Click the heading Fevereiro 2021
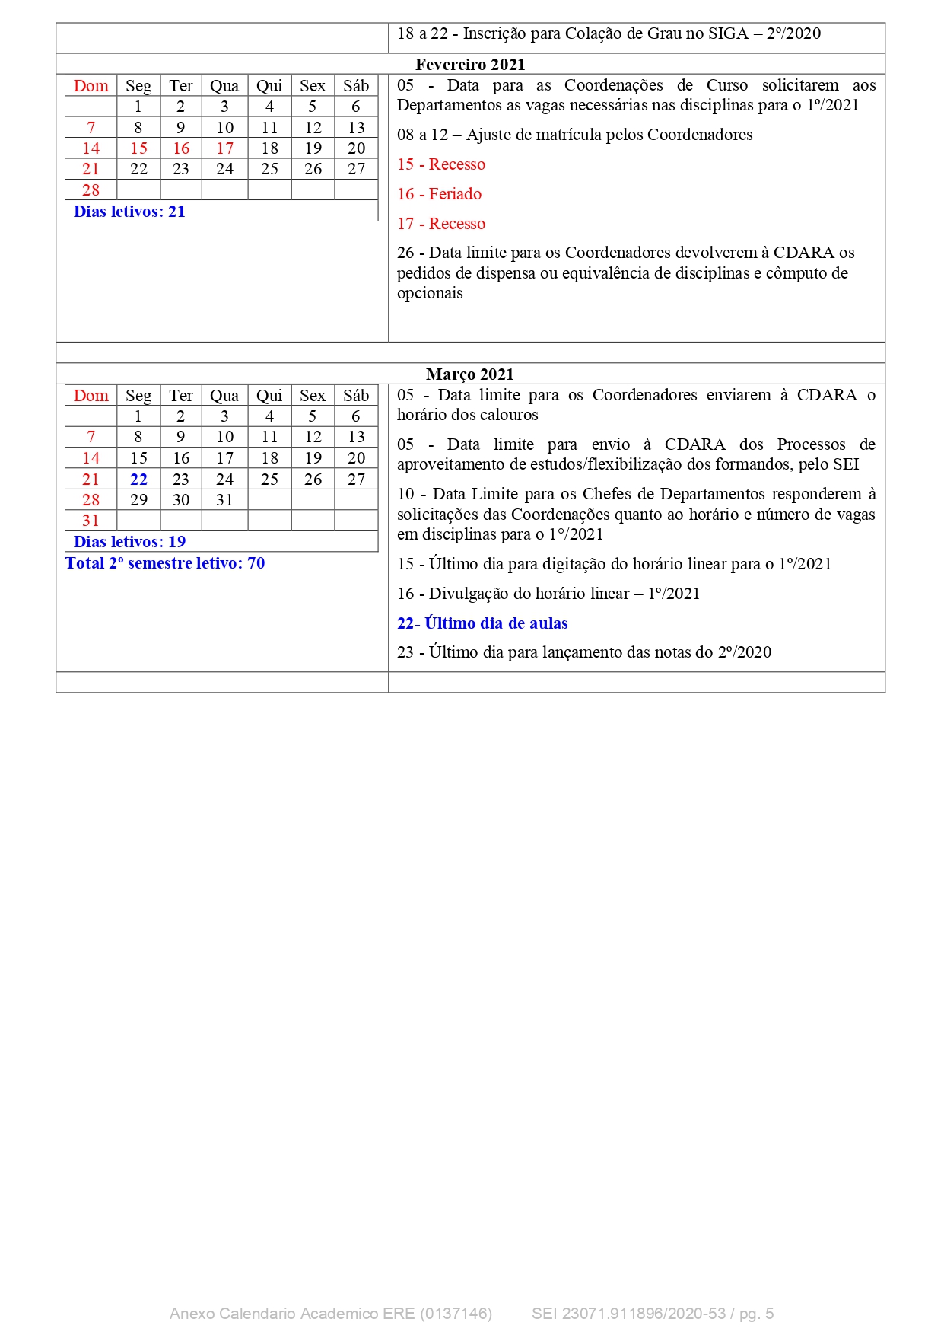click(470, 65)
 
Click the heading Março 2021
click(470, 374)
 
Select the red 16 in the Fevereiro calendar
click(181, 148)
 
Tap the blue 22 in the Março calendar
click(138, 480)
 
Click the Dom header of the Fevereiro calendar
click(91, 86)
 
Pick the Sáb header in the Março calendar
click(356, 396)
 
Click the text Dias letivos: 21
click(129, 212)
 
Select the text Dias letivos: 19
click(129, 542)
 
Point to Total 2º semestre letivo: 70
click(165, 563)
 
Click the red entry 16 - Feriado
click(440, 194)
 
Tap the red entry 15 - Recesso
click(441, 164)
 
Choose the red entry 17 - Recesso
click(441, 224)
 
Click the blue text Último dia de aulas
click(496, 623)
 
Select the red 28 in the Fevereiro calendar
click(91, 190)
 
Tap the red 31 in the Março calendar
click(91, 521)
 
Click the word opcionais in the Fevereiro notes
click(430, 293)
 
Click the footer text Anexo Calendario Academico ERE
click(293, 1314)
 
